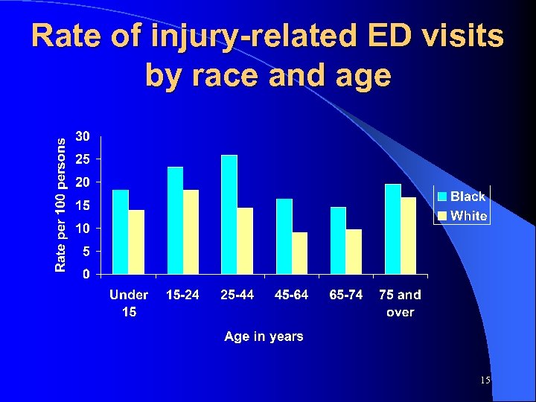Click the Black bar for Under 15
[x=121, y=232]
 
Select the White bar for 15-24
[x=191, y=232]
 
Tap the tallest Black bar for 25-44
[x=229, y=214]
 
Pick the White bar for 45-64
[x=300, y=253]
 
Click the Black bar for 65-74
[x=338, y=240]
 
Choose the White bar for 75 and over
[x=409, y=235]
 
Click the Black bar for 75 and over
[x=393, y=229]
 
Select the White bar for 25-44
[x=246, y=240]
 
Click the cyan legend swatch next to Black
[x=442, y=197]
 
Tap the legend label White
[x=469, y=216]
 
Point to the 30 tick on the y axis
[x=83, y=136]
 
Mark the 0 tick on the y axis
[x=87, y=274]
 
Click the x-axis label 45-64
[x=291, y=295]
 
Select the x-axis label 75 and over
[x=401, y=303]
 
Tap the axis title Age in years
[x=264, y=336]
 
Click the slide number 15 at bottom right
[x=485, y=380]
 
